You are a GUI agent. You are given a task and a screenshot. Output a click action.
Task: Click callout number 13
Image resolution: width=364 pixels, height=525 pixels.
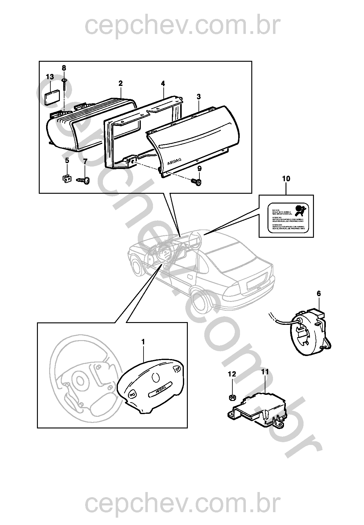50,77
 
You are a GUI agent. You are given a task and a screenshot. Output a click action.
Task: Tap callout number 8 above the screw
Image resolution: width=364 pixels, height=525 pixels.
64,68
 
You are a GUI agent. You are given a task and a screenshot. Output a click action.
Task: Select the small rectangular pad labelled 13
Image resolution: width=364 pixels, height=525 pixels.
52,97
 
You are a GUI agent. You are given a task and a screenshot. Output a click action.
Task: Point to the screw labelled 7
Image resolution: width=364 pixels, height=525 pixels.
84,180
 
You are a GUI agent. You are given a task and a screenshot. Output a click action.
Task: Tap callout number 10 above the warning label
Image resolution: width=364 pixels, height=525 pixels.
286,178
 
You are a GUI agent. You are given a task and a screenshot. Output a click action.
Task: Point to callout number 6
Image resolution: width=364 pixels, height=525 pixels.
319,294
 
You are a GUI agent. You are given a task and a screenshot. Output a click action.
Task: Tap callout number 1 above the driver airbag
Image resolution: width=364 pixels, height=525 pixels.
143,341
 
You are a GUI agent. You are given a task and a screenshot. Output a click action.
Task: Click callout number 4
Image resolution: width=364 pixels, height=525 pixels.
163,84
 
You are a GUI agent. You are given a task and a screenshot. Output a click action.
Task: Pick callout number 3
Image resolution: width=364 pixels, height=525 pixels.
198,97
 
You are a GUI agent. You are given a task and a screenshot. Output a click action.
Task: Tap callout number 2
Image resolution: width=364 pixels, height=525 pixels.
121,83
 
